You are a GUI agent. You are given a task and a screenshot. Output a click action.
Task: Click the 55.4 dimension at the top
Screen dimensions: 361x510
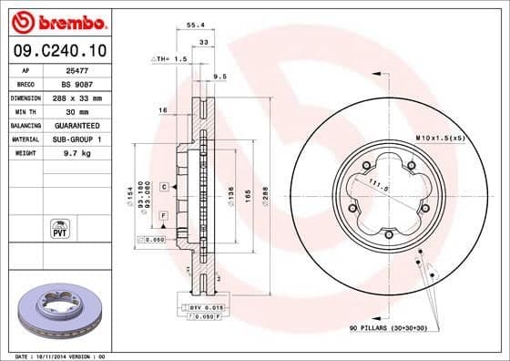[x=193, y=27]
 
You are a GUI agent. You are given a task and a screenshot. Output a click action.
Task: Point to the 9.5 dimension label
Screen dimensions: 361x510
[x=219, y=77]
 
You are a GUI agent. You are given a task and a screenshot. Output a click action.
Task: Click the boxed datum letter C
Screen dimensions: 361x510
[x=163, y=186]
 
